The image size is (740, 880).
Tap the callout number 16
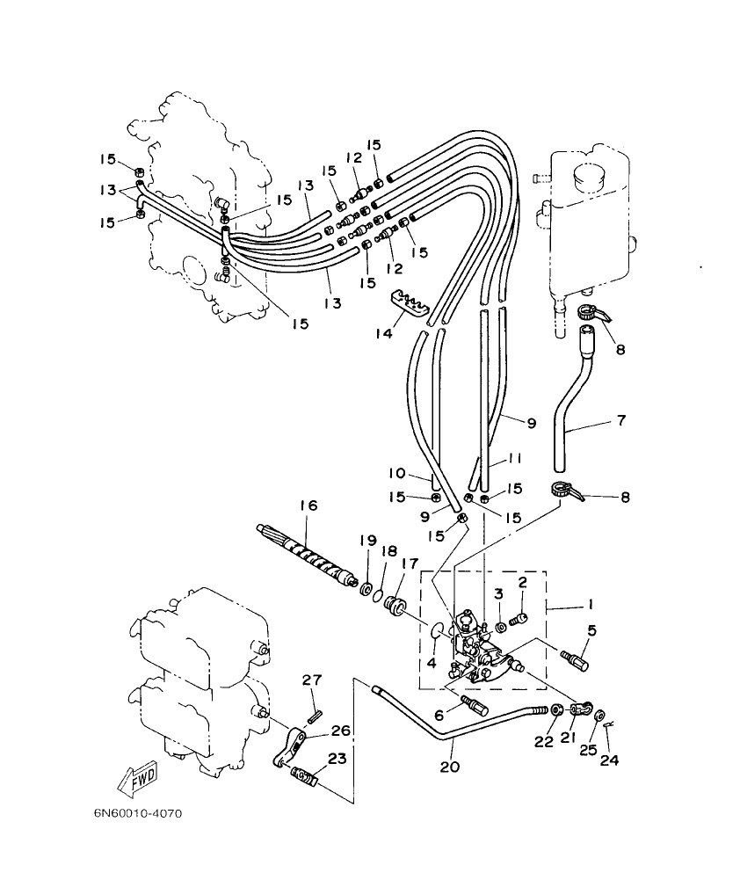pos(307,506)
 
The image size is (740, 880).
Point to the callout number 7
pos(620,420)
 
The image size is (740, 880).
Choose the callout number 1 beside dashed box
pos(591,605)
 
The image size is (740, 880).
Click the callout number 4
pos(431,663)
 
